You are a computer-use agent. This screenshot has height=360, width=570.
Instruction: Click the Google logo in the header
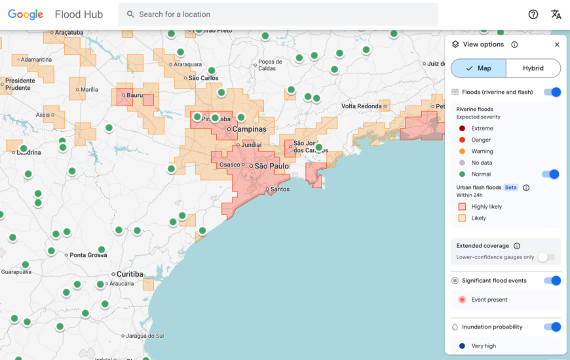(x=26, y=14)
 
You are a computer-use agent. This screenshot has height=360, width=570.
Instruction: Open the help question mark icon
(x=533, y=14)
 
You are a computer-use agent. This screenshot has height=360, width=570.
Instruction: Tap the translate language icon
(x=556, y=14)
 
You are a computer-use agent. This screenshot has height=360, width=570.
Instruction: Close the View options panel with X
(x=557, y=45)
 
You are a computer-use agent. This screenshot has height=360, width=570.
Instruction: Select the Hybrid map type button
(x=533, y=68)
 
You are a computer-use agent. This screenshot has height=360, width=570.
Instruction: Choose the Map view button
(x=478, y=68)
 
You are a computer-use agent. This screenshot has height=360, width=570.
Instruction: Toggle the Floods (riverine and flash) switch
(x=552, y=92)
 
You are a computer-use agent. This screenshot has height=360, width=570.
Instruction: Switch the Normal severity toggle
(x=550, y=174)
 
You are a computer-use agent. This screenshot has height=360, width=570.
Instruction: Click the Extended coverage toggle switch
(x=546, y=258)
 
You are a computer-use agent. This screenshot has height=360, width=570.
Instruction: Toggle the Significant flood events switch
(x=552, y=281)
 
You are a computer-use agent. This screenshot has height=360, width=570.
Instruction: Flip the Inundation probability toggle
(x=552, y=327)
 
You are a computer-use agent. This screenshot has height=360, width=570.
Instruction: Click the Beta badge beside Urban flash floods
(x=510, y=188)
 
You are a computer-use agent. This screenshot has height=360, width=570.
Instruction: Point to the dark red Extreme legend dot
(x=463, y=129)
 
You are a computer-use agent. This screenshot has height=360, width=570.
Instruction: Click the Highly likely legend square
(x=463, y=207)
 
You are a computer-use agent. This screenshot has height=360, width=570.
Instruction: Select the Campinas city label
(x=250, y=129)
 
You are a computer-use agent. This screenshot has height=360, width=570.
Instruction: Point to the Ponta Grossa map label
(x=88, y=255)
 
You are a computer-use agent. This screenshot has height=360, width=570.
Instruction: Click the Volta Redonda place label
(x=361, y=106)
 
